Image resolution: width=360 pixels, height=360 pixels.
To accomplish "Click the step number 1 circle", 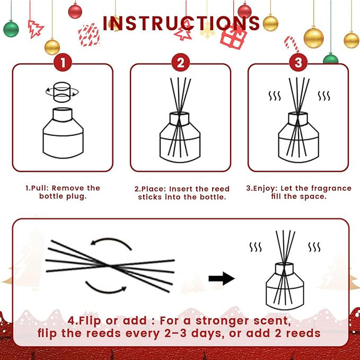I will [x=63, y=63].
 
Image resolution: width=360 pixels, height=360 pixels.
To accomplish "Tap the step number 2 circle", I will [x=180, y=63].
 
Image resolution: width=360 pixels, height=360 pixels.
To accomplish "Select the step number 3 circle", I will [x=298, y=63].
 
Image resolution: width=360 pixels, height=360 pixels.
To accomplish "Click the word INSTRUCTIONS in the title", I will [x=181, y=23].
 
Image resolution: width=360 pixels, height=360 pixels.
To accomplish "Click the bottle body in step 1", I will [x=63, y=133].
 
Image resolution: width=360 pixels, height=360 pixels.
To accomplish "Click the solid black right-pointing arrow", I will [x=221, y=278].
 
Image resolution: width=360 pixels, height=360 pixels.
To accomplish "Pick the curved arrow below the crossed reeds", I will [x=106, y=287].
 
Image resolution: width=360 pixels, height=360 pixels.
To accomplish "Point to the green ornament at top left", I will [x=11, y=28].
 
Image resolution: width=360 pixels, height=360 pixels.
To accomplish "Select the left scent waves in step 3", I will [x=274, y=96].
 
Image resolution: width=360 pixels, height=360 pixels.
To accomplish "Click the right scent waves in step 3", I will [x=323, y=96].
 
